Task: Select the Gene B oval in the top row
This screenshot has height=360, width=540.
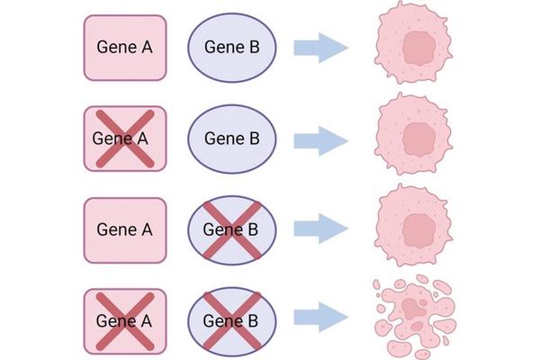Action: coord(232,47)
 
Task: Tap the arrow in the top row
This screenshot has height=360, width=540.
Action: coord(321,47)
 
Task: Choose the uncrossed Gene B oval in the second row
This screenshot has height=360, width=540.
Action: coord(232,138)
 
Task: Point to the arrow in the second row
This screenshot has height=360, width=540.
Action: coord(321,139)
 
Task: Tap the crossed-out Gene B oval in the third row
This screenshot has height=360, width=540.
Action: coord(232,229)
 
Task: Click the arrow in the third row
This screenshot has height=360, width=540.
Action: coord(321,229)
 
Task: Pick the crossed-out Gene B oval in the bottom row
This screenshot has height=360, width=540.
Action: coord(232,319)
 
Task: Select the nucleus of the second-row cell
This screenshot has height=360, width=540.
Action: coord(418,137)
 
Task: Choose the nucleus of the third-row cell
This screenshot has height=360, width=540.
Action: coord(418,226)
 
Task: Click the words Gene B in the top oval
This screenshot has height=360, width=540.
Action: coord(232,47)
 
